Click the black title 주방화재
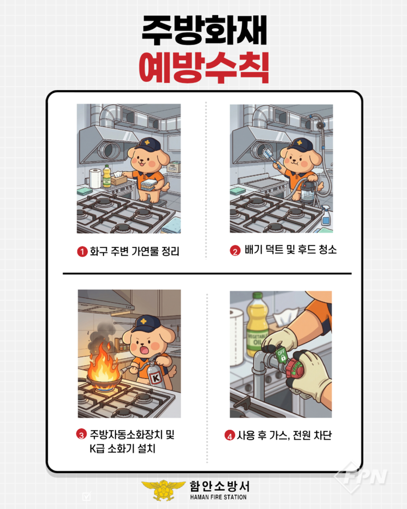point(204,31)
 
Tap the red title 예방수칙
point(204,68)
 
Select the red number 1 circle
point(82,252)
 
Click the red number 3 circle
point(81,434)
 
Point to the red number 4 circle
point(230,435)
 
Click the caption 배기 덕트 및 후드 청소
point(290,250)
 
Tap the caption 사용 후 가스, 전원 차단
point(284,435)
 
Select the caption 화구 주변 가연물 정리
point(135,251)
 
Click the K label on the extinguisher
point(156,378)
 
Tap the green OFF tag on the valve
point(282,354)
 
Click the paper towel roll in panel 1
point(96,178)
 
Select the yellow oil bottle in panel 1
point(107,176)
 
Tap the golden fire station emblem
point(163,490)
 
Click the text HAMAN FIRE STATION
point(219,497)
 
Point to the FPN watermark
point(362,476)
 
